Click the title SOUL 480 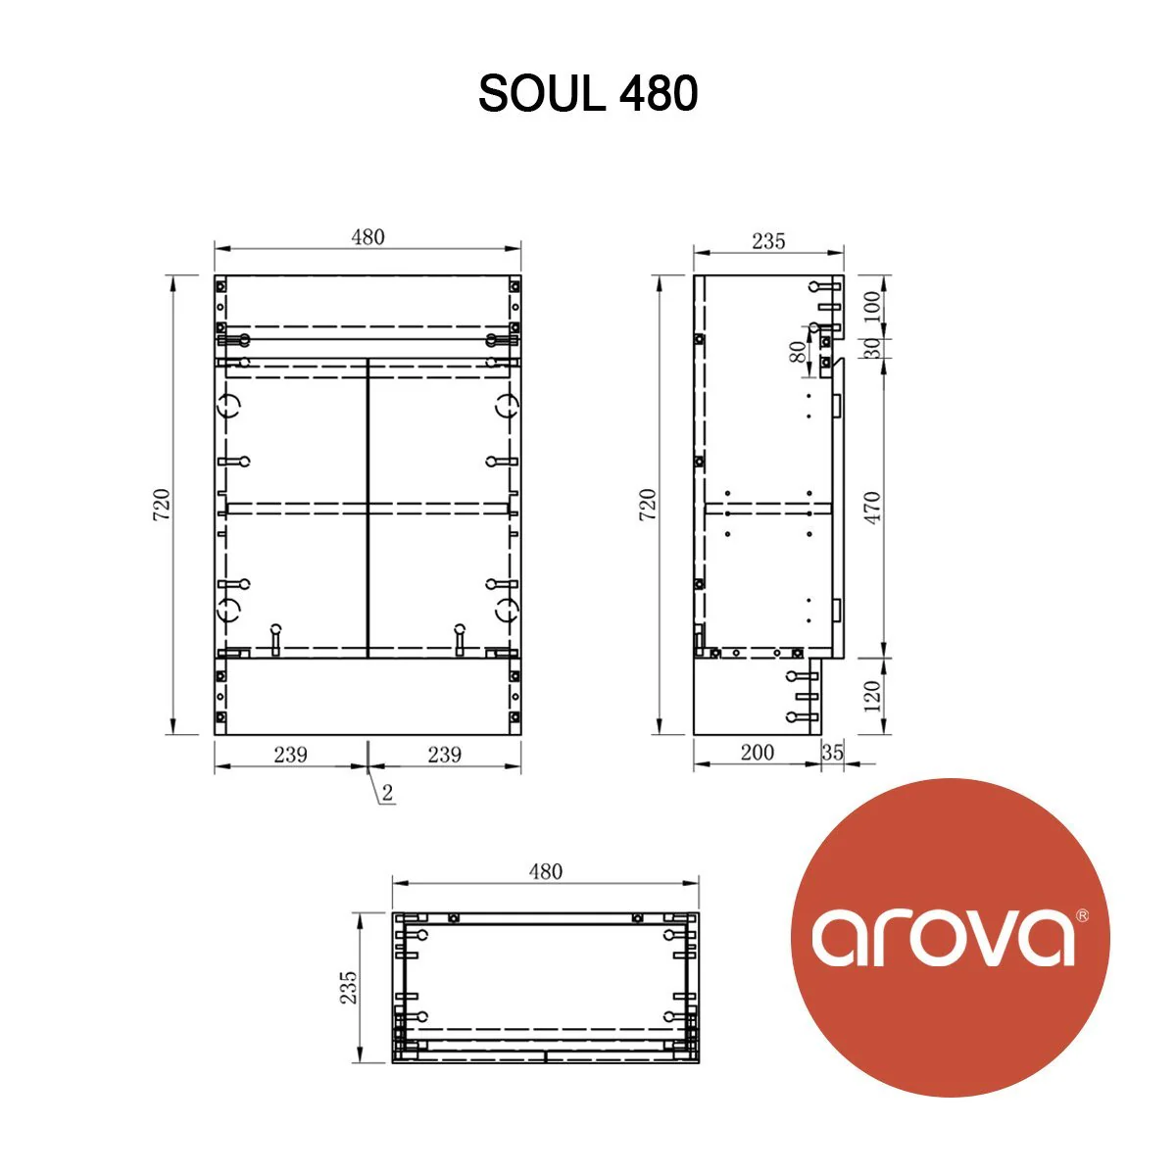tap(588, 94)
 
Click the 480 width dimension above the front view tap(368, 237)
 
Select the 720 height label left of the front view tap(163, 504)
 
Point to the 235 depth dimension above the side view tap(768, 241)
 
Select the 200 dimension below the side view tap(757, 753)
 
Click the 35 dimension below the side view tap(833, 753)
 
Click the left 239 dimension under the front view tap(290, 754)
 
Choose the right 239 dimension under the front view tap(445, 754)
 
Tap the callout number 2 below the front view tap(388, 793)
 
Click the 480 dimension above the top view tap(546, 871)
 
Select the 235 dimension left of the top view tap(349, 988)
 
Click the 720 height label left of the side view tap(648, 504)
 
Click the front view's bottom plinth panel tap(367, 696)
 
